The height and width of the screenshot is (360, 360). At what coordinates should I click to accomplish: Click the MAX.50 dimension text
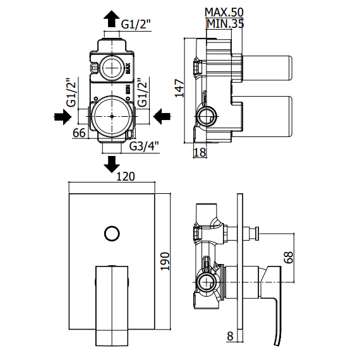(224, 12)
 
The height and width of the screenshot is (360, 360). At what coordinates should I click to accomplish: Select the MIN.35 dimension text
(225, 23)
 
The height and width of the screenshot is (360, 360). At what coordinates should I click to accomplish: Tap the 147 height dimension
(180, 88)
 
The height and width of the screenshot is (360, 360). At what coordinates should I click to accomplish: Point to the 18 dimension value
(200, 152)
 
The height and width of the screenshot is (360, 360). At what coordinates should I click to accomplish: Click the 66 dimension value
(79, 133)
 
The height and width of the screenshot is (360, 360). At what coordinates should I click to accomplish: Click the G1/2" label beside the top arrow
(136, 24)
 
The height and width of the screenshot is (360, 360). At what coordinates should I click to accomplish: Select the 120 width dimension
(126, 177)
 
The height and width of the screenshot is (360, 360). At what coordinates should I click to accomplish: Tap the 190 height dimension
(165, 261)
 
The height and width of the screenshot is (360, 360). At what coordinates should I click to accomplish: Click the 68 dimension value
(289, 258)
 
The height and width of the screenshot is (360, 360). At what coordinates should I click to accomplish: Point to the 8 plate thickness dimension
(230, 337)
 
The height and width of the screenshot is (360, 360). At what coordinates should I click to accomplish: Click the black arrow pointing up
(112, 19)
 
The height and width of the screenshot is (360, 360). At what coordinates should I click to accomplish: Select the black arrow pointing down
(112, 164)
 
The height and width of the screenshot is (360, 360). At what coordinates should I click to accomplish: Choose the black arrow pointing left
(162, 117)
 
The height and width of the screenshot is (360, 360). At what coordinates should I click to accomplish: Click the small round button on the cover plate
(112, 234)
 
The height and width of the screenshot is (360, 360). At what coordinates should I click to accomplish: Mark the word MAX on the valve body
(128, 68)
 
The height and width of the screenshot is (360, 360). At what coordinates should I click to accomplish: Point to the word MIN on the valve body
(128, 90)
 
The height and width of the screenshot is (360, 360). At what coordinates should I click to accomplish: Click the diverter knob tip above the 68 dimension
(257, 234)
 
